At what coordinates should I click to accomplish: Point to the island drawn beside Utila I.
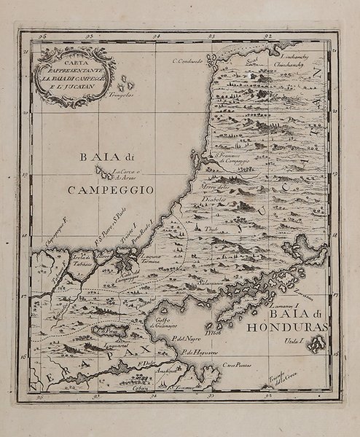316,346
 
